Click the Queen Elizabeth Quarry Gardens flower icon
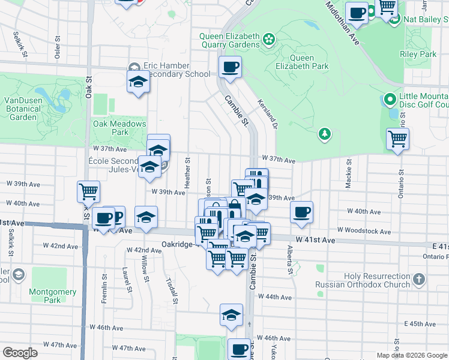pos(269,40)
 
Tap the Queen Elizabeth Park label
pos(309,62)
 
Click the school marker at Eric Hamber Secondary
pos(138,82)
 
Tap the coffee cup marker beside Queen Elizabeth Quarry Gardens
pos(230,67)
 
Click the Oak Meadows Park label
pos(119,128)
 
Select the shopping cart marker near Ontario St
pos(398,139)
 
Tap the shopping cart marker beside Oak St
pos(88,192)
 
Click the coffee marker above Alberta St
pos(301,211)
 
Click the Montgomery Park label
pos(52,296)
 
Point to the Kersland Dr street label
pos(268,114)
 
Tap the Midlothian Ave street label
pos(343,23)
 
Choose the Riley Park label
pos(418,54)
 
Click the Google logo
pos(20,353)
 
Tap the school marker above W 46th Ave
pos(231,314)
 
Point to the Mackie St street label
pos(348,174)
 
